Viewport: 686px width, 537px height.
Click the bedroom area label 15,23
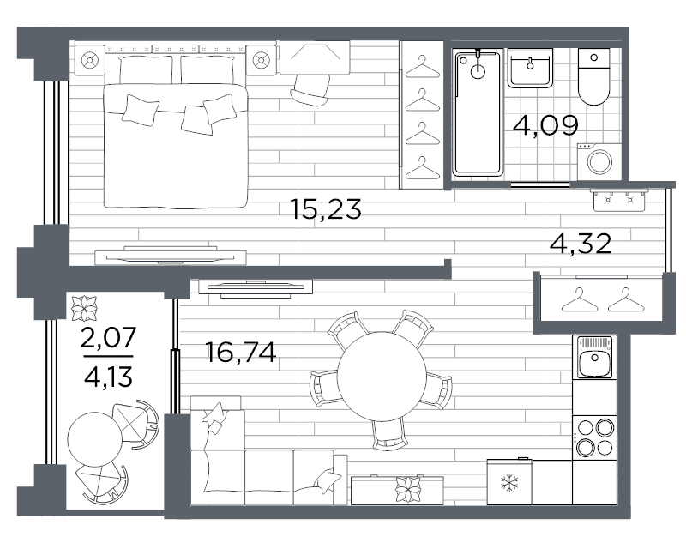pos(326,209)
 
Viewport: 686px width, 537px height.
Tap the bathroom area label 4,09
pos(545,125)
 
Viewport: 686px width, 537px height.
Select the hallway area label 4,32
pos(581,244)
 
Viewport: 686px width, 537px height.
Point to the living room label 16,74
pos(241,353)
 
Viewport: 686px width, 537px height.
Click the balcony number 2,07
pos(109,338)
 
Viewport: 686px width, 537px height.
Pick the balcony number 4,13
pos(108,377)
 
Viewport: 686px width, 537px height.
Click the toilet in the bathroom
pos(593,77)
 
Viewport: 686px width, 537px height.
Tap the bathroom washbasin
pos(530,68)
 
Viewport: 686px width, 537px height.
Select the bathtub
pos(478,113)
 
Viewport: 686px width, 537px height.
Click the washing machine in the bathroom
pos(599,161)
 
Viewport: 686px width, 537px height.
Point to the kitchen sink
pos(594,357)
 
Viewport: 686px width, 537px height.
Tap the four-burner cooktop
pos(594,437)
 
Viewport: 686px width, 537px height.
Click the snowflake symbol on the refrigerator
pos(509,483)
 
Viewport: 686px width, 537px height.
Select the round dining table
pos(381,377)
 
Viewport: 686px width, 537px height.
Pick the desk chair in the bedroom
pos(310,90)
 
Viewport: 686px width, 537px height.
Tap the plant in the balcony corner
pos(84,309)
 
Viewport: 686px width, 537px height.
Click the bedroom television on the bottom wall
pos(171,256)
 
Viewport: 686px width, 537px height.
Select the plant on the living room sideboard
pos(408,488)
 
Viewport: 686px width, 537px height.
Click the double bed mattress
pos(176,146)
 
